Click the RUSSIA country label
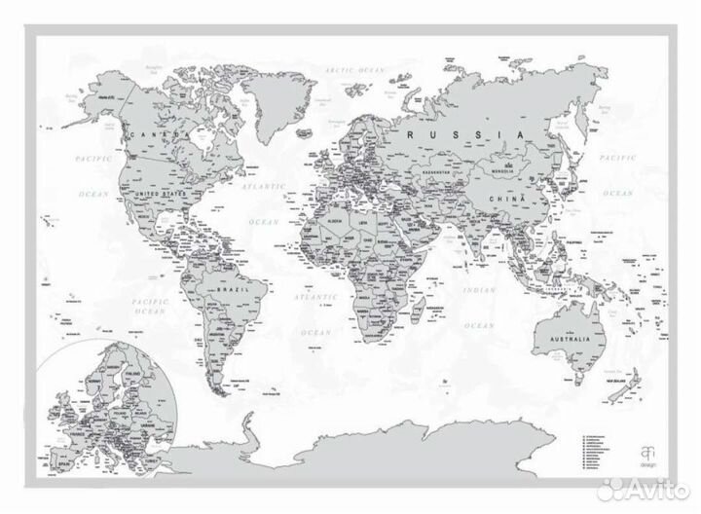tap(466, 134)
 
